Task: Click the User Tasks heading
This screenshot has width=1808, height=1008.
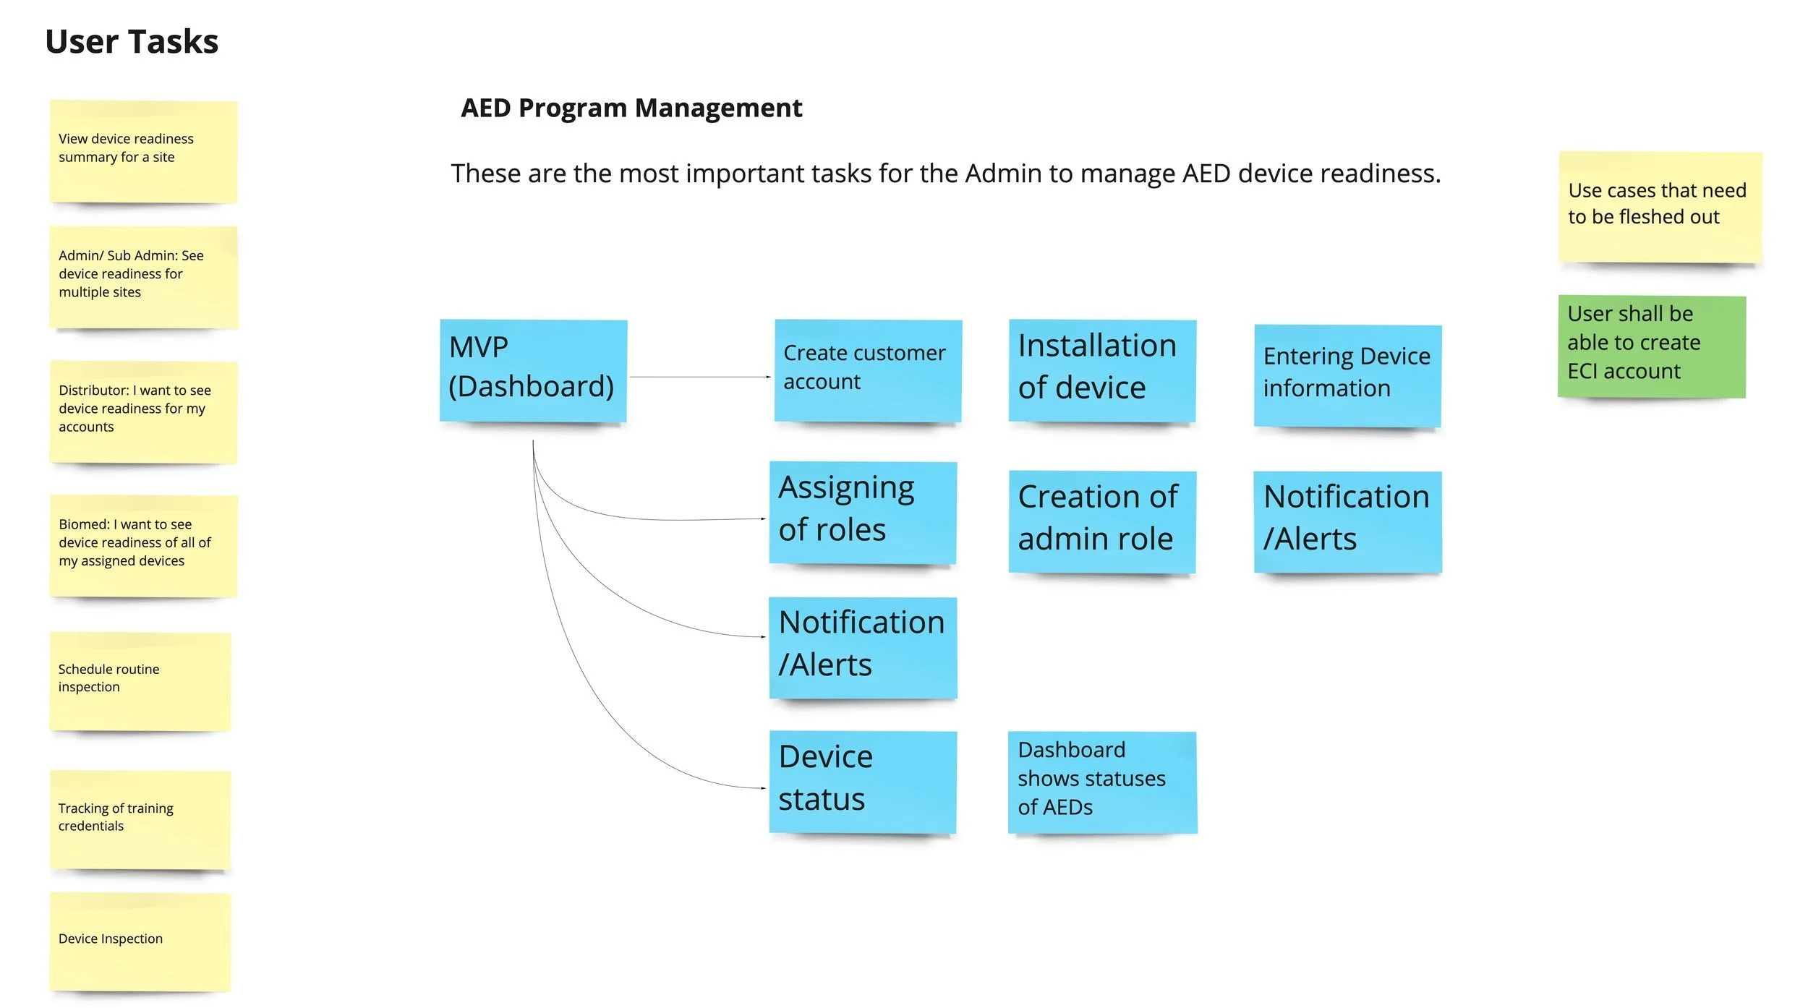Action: click(x=132, y=41)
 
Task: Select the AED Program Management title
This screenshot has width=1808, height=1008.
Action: click(x=631, y=108)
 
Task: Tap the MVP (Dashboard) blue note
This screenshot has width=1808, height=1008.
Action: click(x=533, y=370)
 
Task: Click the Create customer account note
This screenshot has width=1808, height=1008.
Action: click(x=867, y=370)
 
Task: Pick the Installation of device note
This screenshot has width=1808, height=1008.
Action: click(x=1101, y=370)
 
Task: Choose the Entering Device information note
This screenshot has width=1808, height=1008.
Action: click(x=1347, y=375)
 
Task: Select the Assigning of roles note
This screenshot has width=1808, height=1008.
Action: click(x=862, y=511)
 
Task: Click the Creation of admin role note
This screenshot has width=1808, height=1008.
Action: click(x=1101, y=521)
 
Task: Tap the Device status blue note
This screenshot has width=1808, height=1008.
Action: click(x=862, y=781)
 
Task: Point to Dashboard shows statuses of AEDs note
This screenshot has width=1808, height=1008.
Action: click(x=1101, y=781)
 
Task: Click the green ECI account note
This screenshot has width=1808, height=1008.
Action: click(x=1651, y=346)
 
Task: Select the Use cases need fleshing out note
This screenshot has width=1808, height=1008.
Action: click(x=1659, y=206)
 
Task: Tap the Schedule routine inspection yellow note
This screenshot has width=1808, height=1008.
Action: click(x=140, y=680)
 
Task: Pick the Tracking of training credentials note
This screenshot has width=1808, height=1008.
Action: click(x=140, y=819)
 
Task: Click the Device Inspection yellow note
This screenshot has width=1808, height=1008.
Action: click(x=140, y=941)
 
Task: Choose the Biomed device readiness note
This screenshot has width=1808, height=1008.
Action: click(x=142, y=545)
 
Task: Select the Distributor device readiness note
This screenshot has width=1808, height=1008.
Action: click(x=142, y=411)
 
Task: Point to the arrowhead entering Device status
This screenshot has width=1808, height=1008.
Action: click(x=764, y=787)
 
